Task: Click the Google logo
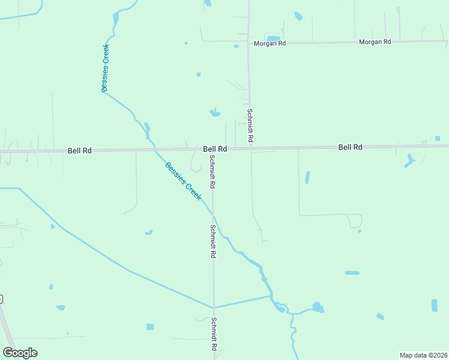point(20,353)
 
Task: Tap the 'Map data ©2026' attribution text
point(423,355)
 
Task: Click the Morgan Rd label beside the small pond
point(269,44)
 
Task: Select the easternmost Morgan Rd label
point(375,42)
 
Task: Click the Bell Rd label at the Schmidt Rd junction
point(214,149)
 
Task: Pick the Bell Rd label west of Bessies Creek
point(79,151)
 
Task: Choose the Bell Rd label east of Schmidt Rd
point(350,147)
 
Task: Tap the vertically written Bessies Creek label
point(105,68)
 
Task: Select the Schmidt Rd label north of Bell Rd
point(250,125)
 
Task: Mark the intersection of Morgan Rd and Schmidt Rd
point(249,42)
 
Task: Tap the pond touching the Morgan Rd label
point(273,38)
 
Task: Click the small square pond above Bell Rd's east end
point(438,139)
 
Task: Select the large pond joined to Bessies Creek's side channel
point(318,308)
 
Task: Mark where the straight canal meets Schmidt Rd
point(213,308)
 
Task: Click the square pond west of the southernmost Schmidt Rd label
point(150,327)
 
